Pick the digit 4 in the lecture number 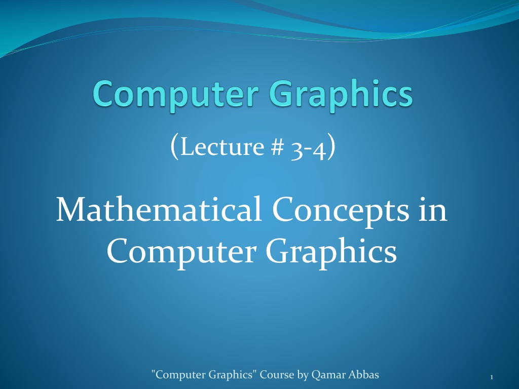tap(319, 147)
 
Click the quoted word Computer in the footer tap(179, 375)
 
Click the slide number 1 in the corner tap(492, 377)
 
